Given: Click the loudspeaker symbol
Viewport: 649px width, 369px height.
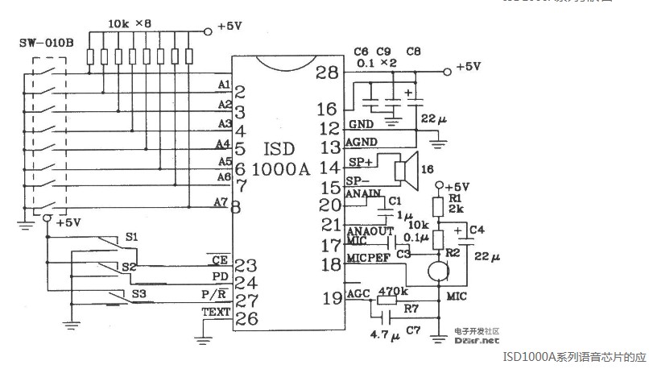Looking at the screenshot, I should (403, 172).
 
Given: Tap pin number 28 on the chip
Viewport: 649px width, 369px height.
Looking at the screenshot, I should (326, 73).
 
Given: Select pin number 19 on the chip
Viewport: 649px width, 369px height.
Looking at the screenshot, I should (330, 299).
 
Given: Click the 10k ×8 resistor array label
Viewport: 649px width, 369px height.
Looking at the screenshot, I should (130, 25).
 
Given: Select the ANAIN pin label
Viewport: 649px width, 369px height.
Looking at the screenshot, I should (362, 194).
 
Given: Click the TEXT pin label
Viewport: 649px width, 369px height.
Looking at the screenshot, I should (216, 313).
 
